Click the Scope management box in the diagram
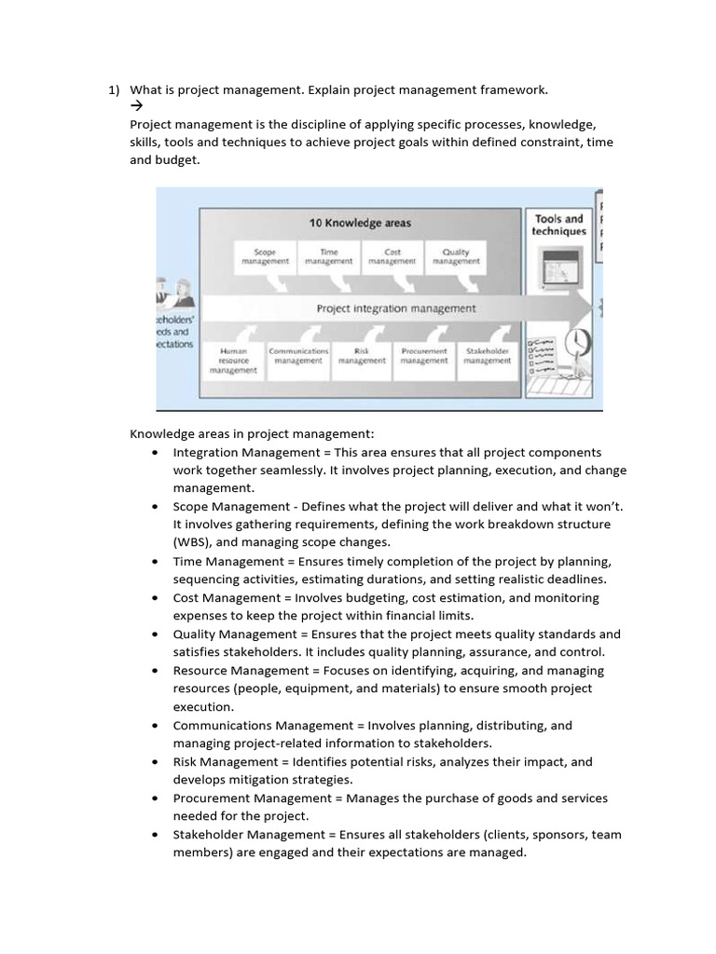click(265, 256)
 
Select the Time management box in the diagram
click(329, 256)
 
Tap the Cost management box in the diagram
click(392, 256)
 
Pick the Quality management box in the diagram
click(456, 256)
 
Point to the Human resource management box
click(233, 361)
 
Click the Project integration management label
click(396, 308)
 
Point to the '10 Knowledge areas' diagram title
click(360, 223)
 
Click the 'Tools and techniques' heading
click(559, 225)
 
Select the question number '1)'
click(114, 90)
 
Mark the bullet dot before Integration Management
click(154, 452)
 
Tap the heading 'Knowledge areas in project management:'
click(251, 433)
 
